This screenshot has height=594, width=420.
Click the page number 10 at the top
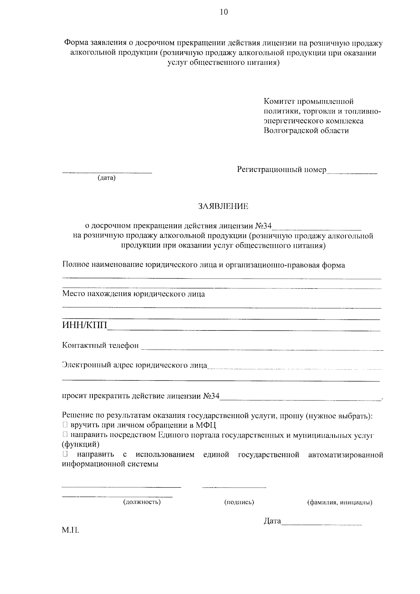pos(224,13)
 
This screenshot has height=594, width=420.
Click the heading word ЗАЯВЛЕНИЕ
pos(223,207)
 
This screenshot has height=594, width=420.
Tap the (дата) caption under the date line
pos(107,178)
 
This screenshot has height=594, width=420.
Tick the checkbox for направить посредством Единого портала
pos(65,435)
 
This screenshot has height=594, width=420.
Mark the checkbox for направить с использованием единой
pos(65,455)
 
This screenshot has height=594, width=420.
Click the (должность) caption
pos(142,502)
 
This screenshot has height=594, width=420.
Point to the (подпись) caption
pos(239,502)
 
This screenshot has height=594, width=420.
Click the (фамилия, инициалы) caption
pos(339,503)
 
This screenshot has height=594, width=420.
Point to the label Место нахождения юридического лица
pos(133,294)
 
